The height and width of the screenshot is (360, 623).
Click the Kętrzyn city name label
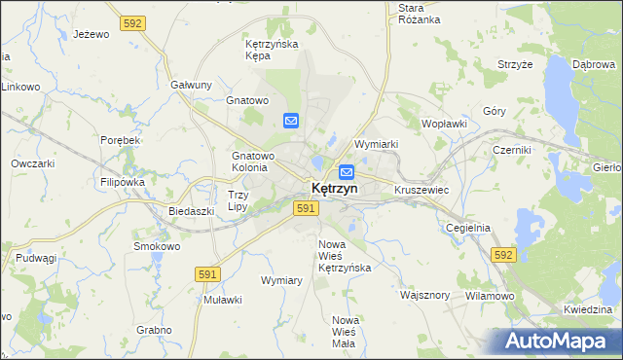pos(334,188)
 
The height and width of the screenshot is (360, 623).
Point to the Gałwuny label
pos(191,85)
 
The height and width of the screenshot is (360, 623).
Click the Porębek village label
pos(121,140)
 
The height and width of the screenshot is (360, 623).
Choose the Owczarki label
pos(32,163)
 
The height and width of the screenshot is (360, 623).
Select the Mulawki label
pos(222,300)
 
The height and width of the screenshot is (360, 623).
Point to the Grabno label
pos(154,330)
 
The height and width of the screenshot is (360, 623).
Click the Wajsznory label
pos(424,294)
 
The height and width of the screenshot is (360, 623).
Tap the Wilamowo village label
pos(490,294)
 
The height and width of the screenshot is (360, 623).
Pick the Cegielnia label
pos(467,228)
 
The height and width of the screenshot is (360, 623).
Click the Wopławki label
pos(445,125)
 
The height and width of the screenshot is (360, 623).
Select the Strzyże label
pos(515,64)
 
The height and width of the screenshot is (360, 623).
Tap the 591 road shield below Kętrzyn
pos(306,208)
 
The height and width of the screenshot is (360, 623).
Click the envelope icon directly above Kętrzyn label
pos(346,172)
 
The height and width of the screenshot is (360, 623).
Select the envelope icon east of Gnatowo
pos(291,121)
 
